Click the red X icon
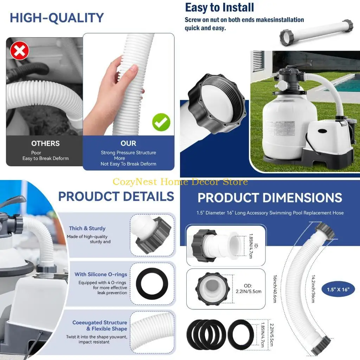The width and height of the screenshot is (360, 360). coord(20,51)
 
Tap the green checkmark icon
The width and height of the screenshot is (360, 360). coord(161,122)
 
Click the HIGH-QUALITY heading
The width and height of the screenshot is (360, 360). coord(57,18)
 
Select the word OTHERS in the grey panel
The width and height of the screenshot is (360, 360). coord(45,143)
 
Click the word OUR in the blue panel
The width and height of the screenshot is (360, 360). coord(128,143)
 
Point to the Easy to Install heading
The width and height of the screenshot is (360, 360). coord(219,8)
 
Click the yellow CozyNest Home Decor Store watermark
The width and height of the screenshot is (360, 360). coord(180,182)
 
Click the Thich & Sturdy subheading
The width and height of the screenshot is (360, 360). coord(87,229)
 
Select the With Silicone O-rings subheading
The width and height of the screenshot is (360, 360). coord(101,274)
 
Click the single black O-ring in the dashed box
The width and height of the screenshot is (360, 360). coord(152,284)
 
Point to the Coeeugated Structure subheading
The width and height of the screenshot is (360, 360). coord(99,323)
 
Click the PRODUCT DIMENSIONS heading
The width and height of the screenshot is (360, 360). coord(270,198)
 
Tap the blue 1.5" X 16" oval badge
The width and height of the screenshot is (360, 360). coord(338,289)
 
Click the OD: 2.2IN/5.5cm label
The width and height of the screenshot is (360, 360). coord(249,289)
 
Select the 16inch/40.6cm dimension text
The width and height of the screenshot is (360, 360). coord(275,289)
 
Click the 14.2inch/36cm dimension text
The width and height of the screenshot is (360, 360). coord(313,289)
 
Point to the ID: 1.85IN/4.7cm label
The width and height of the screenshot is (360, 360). coord(253,246)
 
